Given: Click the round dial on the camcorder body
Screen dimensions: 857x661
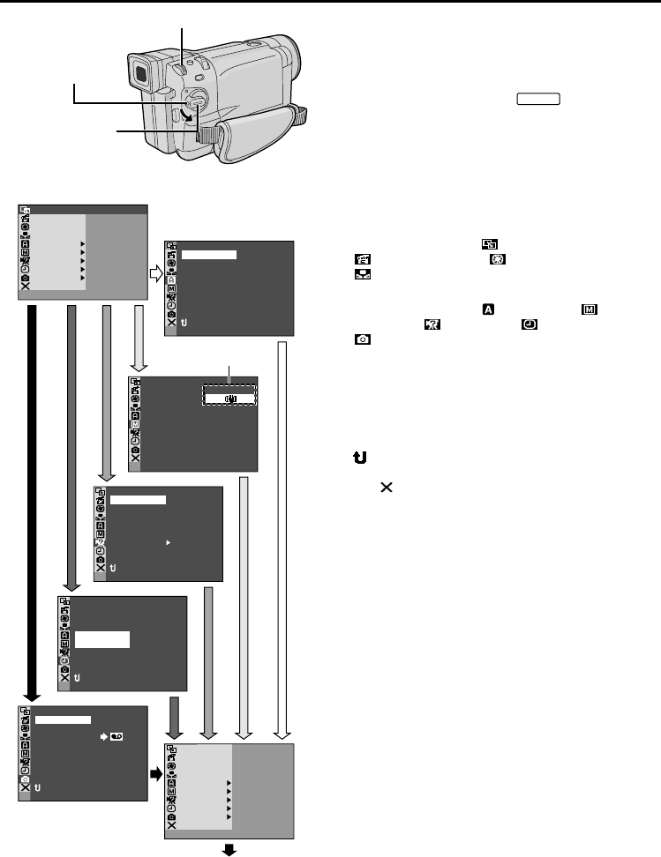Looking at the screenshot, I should click(x=197, y=100).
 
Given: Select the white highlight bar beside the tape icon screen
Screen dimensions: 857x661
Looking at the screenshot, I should click(x=63, y=719).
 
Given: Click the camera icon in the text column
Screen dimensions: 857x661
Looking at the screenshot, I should click(x=362, y=339).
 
